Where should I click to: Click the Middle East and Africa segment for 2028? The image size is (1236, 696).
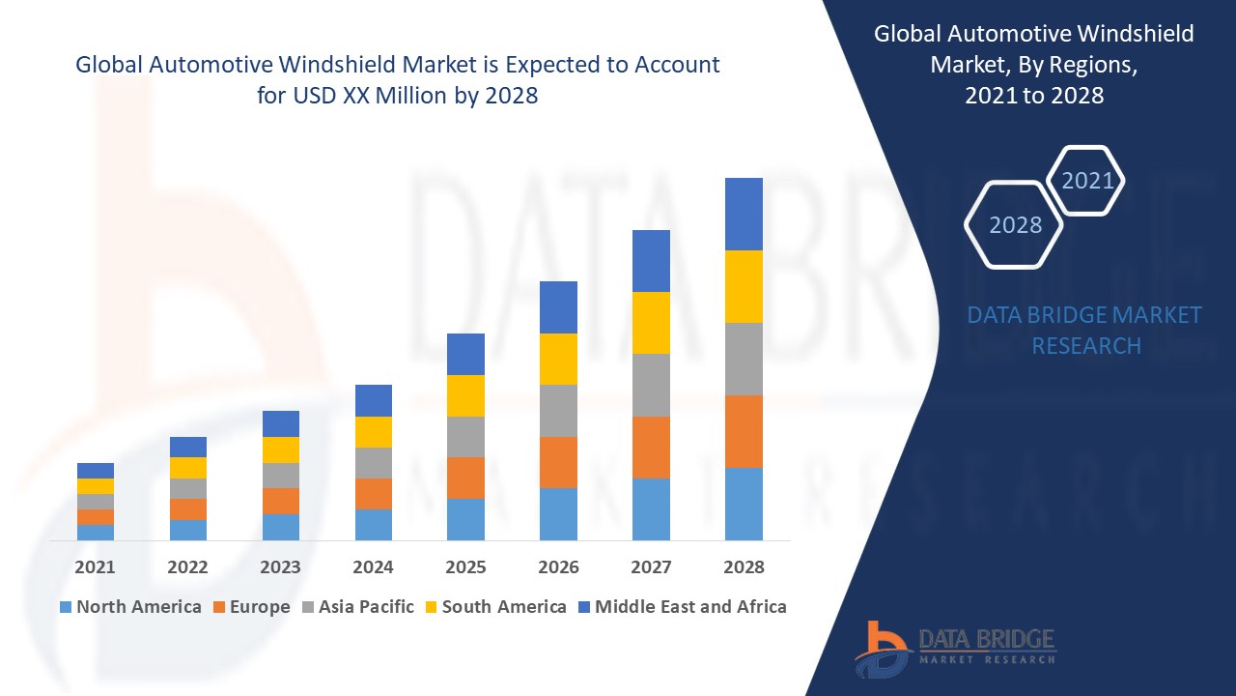click(744, 214)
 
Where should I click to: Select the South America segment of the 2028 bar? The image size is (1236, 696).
click(744, 286)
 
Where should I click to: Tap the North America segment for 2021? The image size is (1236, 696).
click(96, 532)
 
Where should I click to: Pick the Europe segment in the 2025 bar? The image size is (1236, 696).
click(465, 478)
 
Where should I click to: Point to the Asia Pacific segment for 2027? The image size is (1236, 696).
click(651, 385)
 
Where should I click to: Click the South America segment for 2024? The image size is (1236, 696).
click(374, 431)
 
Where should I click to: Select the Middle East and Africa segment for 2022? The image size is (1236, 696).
click(188, 447)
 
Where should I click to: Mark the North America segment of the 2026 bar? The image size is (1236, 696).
click(558, 513)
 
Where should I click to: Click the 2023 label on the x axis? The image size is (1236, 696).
click(280, 567)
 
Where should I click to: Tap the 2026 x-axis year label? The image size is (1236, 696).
click(558, 567)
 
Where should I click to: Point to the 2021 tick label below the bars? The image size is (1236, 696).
click(96, 567)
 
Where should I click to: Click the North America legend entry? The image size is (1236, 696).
click(129, 607)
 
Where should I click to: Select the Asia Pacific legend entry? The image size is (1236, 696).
click(357, 607)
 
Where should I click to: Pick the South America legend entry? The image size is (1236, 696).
click(494, 607)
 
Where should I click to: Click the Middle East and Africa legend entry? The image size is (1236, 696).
click(681, 607)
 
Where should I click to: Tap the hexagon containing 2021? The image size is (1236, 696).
click(1086, 181)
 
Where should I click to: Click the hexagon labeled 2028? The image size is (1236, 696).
click(1014, 224)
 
